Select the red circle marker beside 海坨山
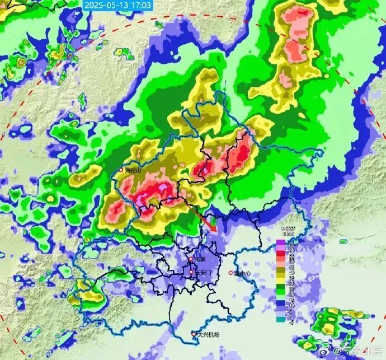(x=121, y=170)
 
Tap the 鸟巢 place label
(x=199, y=259)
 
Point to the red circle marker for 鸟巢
(x=191, y=259)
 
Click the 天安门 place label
(x=203, y=272)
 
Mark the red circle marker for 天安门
(x=191, y=272)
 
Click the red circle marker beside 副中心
(x=230, y=273)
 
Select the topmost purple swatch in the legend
(x=280, y=243)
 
